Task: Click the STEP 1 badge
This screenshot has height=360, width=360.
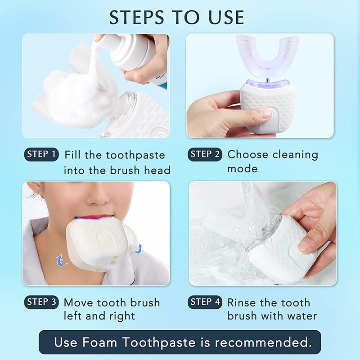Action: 41,155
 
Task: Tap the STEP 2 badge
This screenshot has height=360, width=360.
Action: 205,155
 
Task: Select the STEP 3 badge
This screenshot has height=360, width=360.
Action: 41,302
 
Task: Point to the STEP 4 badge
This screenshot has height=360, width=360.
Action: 205,302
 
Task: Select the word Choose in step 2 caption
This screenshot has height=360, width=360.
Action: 248,155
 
